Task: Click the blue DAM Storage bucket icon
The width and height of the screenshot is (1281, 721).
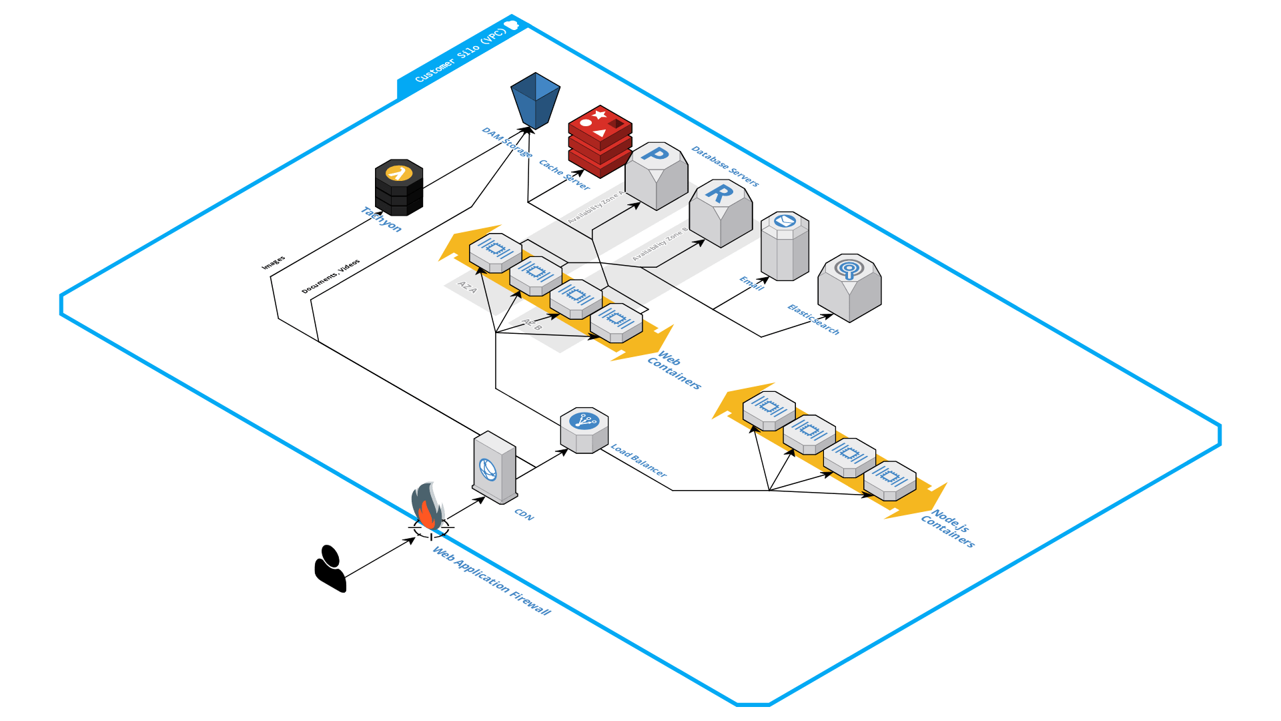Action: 535,100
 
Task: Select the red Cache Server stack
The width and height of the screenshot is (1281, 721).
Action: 600,141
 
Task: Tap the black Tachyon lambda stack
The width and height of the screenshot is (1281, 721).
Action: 399,187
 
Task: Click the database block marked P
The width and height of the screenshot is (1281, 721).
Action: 656,175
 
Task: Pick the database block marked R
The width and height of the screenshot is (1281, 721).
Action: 720,212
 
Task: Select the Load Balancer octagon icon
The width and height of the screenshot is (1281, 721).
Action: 584,430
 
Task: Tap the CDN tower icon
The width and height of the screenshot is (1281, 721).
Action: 494,467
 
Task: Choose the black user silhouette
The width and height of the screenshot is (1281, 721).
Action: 329,569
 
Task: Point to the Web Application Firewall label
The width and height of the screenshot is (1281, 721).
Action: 492,580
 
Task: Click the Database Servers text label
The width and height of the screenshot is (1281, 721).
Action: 725,166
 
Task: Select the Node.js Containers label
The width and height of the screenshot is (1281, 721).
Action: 948,528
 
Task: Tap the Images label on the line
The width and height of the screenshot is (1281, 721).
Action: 273,263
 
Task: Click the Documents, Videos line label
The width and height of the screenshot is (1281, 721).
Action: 330,276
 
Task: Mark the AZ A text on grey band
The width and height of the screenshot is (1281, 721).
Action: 467,288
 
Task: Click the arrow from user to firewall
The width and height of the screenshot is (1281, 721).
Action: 380,557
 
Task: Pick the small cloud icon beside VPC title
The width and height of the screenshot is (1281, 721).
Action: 512,25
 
